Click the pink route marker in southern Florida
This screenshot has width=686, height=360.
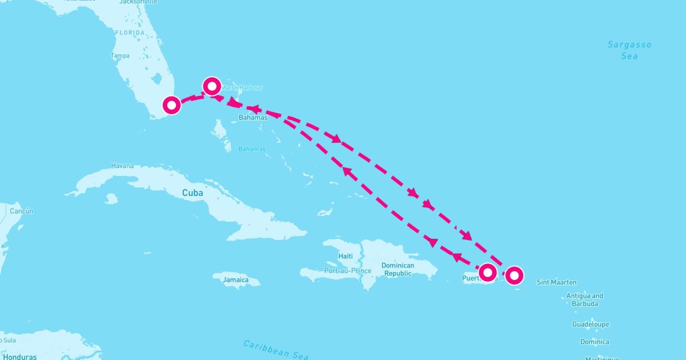click(x=171, y=105)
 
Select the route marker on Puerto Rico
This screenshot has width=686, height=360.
click(x=487, y=273)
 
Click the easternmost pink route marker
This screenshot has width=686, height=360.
click(x=514, y=275)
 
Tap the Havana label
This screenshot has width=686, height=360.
click(x=122, y=166)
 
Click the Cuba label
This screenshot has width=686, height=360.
click(x=193, y=193)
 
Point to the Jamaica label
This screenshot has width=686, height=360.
click(x=236, y=280)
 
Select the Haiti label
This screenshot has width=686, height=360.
click(x=345, y=256)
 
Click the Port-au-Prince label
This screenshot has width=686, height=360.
click(x=348, y=270)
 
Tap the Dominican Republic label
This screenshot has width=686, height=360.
click(x=398, y=269)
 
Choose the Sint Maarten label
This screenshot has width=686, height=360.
click(x=557, y=282)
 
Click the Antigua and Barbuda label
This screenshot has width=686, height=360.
click(x=584, y=300)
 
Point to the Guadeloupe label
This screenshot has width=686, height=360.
click(x=591, y=325)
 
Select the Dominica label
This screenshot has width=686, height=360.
click(x=595, y=342)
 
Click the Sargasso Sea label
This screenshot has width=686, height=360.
click(x=629, y=50)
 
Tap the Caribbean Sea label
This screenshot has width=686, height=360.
click(x=276, y=350)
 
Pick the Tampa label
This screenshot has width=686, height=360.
click(x=120, y=56)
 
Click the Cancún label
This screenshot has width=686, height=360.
click(x=21, y=211)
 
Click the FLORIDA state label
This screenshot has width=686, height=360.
click(x=130, y=33)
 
